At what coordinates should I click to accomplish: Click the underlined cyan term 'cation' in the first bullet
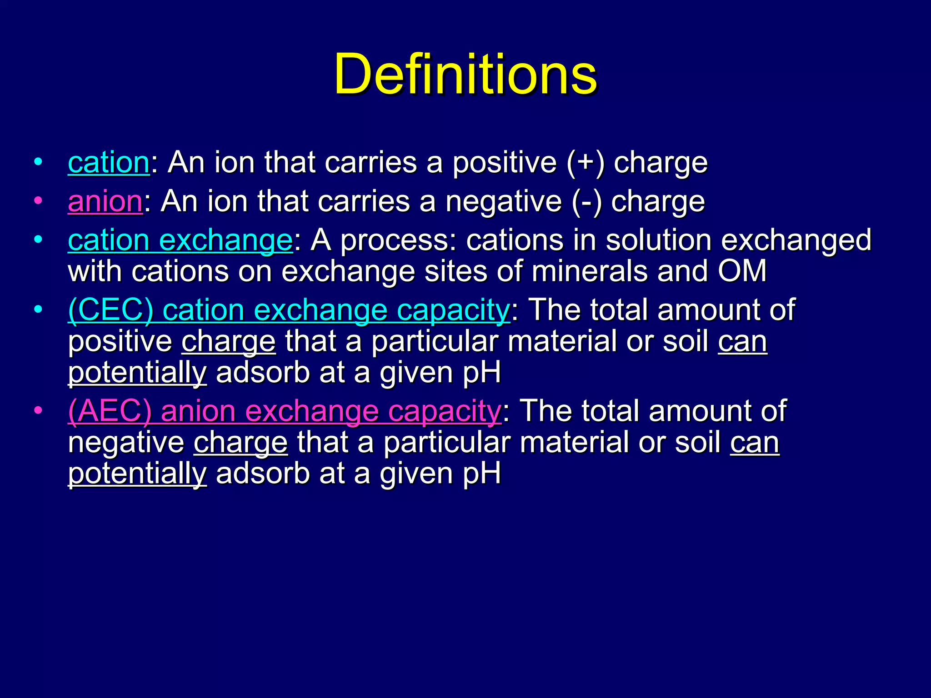click(108, 163)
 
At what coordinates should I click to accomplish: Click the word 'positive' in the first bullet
click(504, 163)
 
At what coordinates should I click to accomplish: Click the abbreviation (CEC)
click(110, 310)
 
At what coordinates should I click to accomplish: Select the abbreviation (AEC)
click(110, 411)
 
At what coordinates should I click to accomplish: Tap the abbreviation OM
click(742, 271)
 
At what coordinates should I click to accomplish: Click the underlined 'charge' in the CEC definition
click(229, 342)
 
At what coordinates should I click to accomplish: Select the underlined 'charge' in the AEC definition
click(240, 443)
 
